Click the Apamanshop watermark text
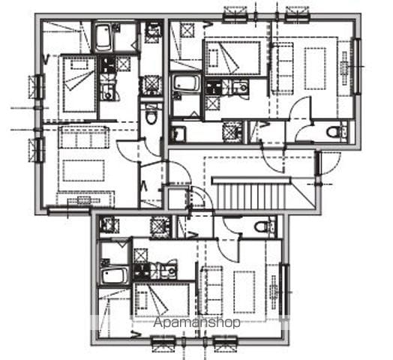(x=196, y=322)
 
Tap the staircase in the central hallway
(x=251, y=193)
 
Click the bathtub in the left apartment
(x=103, y=37)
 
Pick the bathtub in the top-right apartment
(x=186, y=83)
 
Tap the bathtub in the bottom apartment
(x=114, y=276)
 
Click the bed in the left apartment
(x=79, y=84)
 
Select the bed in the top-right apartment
(x=233, y=58)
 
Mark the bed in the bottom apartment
(x=162, y=300)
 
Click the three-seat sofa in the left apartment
(x=84, y=137)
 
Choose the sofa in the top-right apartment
(x=283, y=68)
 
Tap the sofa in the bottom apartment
(x=211, y=290)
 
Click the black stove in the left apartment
(x=108, y=65)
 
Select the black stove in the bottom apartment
(x=141, y=271)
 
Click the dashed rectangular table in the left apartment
(x=83, y=171)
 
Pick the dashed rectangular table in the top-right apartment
(x=315, y=68)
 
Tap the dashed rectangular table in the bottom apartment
(x=244, y=292)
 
